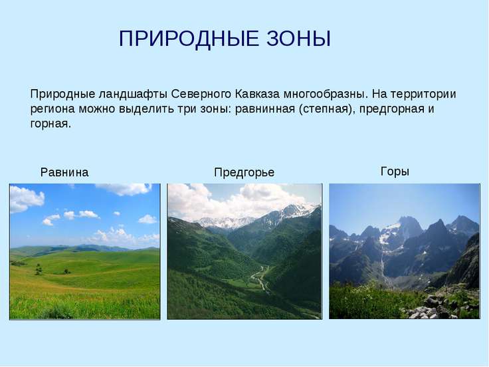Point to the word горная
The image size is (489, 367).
tap(50, 124)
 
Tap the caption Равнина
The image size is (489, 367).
tap(64, 173)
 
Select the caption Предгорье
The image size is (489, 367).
tap(244, 173)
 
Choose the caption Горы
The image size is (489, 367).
tap(395, 172)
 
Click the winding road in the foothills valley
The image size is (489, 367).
tap(259, 278)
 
